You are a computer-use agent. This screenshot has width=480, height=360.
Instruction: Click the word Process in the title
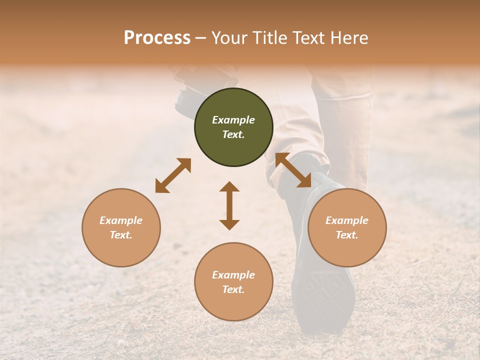click(x=157, y=38)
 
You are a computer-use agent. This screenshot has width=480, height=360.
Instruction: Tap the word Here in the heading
click(x=347, y=38)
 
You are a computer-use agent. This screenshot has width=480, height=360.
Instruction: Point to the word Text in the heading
click(x=305, y=38)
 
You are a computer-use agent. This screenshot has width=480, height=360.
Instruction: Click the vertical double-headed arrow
click(x=229, y=206)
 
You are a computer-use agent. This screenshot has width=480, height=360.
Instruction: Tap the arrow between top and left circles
click(x=173, y=175)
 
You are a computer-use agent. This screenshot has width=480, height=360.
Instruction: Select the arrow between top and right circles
click(x=293, y=170)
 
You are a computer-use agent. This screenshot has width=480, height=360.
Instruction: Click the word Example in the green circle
click(x=233, y=120)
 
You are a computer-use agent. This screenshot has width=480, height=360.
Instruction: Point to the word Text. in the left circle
click(x=121, y=235)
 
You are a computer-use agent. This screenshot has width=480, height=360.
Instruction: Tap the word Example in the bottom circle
click(x=233, y=275)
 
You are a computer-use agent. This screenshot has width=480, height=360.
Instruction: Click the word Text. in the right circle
click(x=347, y=235)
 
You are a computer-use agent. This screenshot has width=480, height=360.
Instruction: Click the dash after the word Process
click(x=201, y=38)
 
